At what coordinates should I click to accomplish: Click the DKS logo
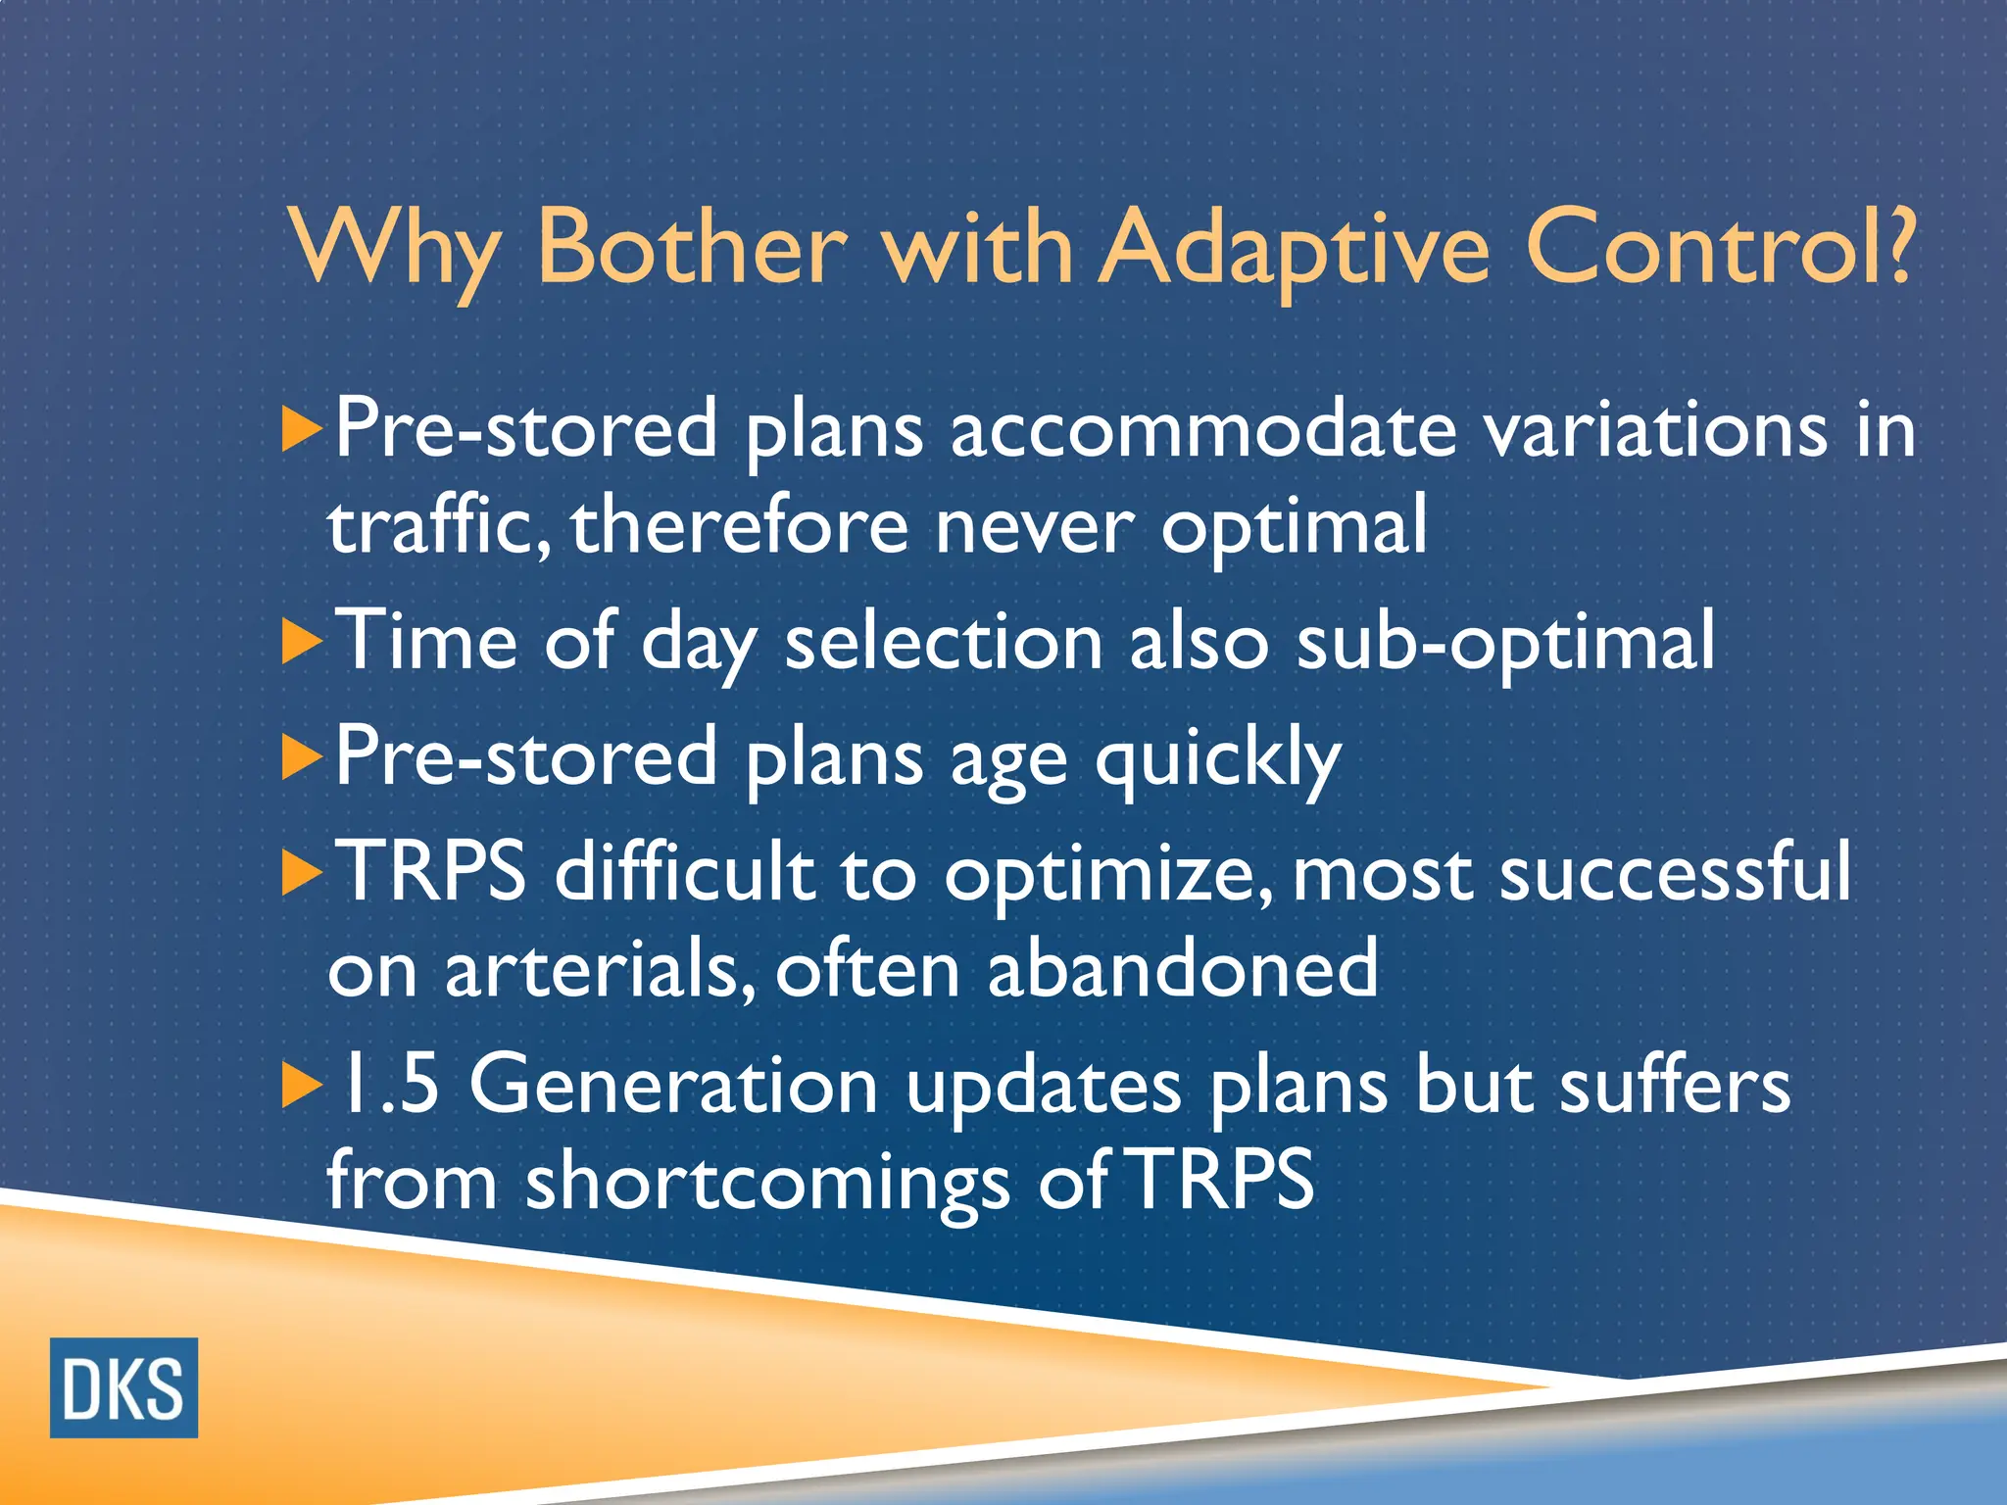tap(123, 1387)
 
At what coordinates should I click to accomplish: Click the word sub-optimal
tap(1505, 643)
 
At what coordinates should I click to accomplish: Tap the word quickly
tap(1217, 759)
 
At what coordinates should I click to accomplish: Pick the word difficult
tap(684, 871)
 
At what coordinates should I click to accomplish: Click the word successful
tap(1675, 871)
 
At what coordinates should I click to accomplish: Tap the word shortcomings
tap(767, 1182)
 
